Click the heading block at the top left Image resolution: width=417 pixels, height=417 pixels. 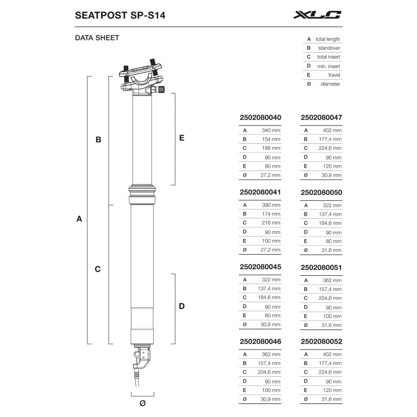121,15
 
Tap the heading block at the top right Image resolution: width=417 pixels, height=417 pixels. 317,15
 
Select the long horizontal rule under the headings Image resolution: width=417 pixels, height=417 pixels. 208,28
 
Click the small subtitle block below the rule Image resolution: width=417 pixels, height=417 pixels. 97,39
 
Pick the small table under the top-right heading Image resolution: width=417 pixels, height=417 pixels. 322,60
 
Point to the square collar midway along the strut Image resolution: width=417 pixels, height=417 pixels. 141,194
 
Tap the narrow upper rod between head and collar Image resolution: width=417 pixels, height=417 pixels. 141,140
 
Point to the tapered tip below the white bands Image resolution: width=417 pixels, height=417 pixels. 140,361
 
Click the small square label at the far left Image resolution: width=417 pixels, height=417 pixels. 78,219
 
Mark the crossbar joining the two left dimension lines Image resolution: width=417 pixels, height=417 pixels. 98,269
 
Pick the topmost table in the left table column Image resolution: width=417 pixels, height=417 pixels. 259,148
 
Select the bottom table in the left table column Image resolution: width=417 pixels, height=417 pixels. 259,372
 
